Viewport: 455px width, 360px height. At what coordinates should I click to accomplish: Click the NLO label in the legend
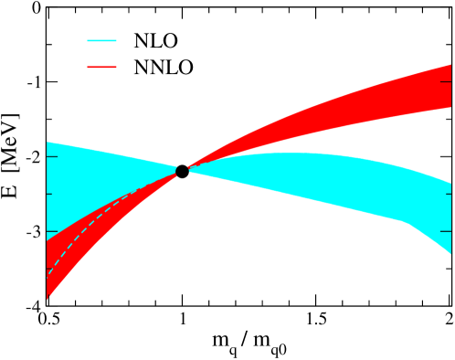pos(155,41)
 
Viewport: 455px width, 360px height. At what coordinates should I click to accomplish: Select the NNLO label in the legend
pos(164,68)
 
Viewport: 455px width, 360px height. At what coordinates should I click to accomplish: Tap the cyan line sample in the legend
pos(101,41)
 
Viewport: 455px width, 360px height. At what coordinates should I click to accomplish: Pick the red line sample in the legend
pos(101,68)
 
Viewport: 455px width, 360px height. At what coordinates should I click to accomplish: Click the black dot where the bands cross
pos(183,171)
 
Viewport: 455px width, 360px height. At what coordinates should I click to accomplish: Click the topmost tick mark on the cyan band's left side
pos(51,157)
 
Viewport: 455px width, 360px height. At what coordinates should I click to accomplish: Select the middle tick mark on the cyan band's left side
pos(51,194)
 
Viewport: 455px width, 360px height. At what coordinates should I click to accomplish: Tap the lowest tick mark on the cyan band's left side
pos(51,231)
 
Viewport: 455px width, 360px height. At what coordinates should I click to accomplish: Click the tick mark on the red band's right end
pos(446,83)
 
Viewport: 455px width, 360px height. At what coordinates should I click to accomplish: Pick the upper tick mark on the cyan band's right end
pos(446,194)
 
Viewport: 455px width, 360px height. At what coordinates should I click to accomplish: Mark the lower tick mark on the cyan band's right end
pos(446,231)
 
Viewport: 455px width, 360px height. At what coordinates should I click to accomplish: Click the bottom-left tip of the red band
pos(48,298)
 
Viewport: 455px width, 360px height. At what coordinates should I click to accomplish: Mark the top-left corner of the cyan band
pos(48,143)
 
